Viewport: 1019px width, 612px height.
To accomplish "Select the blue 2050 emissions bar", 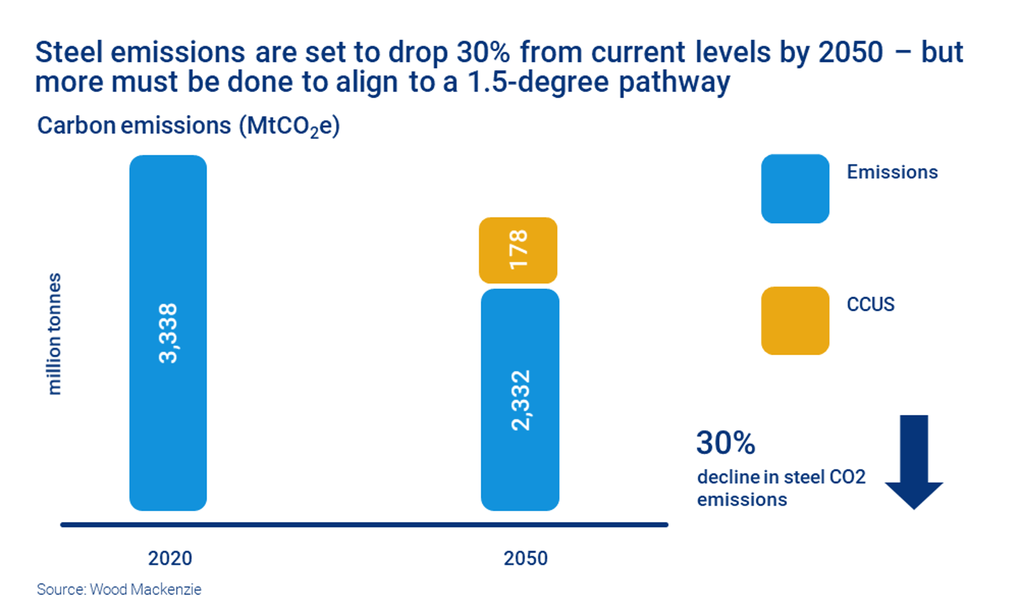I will pos(520,465).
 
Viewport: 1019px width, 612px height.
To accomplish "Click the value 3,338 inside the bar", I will pos(168,333).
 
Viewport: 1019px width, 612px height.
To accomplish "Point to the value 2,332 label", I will pos(520,400).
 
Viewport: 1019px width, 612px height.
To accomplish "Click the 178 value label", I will pos(518,249).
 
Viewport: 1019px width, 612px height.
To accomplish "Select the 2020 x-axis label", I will pos(170,558).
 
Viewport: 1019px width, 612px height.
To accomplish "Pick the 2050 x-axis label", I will pos(525,558).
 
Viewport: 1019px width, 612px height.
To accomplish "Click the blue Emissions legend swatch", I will pos(795,189).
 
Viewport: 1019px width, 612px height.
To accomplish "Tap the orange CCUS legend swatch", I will pos(795,321).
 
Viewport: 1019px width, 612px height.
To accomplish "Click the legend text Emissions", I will pos(892,172).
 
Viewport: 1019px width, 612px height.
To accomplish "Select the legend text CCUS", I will pos(870,304).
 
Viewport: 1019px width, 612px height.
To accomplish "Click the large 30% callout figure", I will pos(725,443).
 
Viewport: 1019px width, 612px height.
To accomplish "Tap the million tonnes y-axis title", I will pos(54,334).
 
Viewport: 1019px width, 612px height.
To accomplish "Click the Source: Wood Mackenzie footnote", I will pos(119,589).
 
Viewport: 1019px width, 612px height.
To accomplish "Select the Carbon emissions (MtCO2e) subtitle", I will pos(188,126).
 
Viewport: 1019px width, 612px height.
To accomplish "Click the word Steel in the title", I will pos(69,53).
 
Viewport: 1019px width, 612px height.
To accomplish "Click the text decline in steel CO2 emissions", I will pos(781,488).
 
